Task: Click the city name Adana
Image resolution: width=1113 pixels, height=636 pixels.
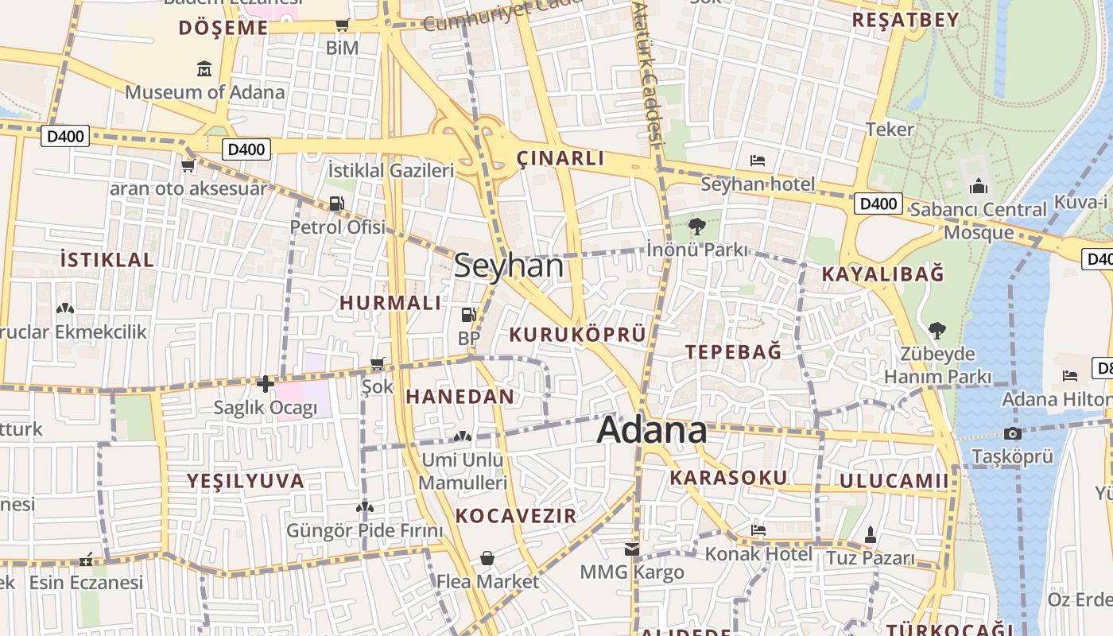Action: (651, 430)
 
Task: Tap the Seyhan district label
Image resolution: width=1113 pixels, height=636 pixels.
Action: (509, 266)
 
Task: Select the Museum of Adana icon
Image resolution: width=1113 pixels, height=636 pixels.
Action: (204, 69)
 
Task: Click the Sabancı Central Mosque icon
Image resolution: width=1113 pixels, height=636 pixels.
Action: (979, 187)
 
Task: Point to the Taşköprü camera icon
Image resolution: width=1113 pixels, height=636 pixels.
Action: (1012, 433)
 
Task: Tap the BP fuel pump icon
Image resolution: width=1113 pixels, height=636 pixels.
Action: (468, 315)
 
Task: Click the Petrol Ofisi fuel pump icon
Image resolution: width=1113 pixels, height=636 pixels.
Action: (337, 204)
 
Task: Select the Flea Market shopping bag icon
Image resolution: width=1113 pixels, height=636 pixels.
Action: (487, 558)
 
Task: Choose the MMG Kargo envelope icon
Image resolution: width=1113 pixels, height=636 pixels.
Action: (631, 549)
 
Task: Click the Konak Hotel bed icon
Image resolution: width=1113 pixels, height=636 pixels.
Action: (758, 529)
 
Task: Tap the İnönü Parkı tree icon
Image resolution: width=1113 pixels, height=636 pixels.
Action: (697, 227)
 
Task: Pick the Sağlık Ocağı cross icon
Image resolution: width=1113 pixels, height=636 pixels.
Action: (266, 384)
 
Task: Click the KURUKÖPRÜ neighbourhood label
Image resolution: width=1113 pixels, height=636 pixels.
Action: (577, 335)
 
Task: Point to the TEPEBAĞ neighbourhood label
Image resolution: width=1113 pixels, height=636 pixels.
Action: (733, 351)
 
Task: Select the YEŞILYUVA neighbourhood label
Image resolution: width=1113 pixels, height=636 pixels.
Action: (245, 480)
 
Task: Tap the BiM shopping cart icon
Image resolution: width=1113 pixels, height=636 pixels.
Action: (342, 25)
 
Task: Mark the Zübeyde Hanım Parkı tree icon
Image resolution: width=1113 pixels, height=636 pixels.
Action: (937, 330)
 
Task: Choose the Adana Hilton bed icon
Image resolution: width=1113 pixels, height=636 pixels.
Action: (1070, 375)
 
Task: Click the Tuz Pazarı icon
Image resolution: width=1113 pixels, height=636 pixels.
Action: (870, 534)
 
